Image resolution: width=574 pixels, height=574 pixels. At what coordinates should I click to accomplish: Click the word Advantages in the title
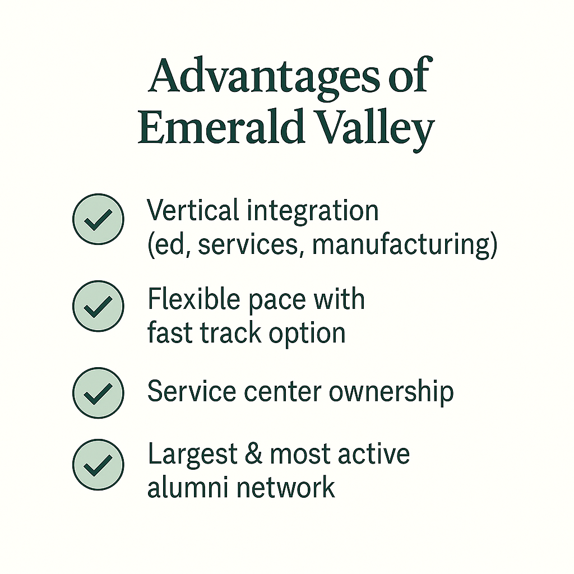point(264,77)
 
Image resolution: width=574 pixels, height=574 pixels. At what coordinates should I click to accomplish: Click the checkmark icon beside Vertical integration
point(98,219)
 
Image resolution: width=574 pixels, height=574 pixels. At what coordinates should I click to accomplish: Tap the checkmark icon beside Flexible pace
point(98,306)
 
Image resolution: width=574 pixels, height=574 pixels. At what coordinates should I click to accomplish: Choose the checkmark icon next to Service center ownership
point(98,393)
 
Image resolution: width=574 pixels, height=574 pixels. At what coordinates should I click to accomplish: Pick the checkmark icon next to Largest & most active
point(98,465)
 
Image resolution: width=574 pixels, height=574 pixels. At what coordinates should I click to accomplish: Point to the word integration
point(313,212)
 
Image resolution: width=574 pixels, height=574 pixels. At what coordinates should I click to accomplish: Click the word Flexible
point(194,299)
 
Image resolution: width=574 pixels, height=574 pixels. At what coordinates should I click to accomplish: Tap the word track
point(230,333)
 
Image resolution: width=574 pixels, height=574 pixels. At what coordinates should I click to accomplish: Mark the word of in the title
point(409,76)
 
